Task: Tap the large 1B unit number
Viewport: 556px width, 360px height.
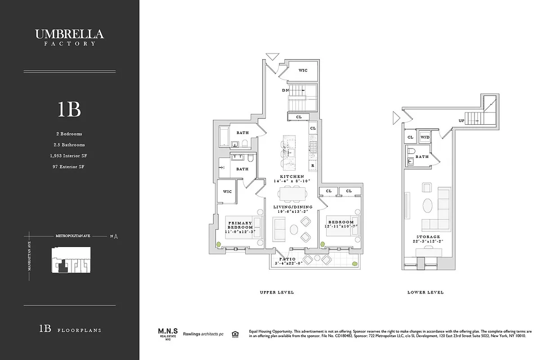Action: (x=69, y=109)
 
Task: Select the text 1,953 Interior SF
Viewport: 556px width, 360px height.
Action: (x=69, y=156)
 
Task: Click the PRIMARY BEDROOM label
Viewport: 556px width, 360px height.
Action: (x=240, y=225)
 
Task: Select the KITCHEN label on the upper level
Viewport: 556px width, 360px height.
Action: (x=291, y=176)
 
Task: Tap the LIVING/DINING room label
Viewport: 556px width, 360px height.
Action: (x=293, y=207)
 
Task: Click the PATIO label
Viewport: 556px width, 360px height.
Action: (x=287, y=259)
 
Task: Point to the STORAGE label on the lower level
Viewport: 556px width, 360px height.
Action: (x=428, y=237)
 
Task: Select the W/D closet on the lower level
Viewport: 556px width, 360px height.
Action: (x=425, y=137)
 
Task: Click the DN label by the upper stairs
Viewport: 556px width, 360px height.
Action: (x=285, y=90)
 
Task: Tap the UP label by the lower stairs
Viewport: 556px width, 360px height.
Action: (x=462, y=121)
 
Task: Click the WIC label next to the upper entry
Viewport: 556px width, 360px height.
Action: (x=303, y=70)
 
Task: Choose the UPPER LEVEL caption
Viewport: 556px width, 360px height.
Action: (x=277, y=292)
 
